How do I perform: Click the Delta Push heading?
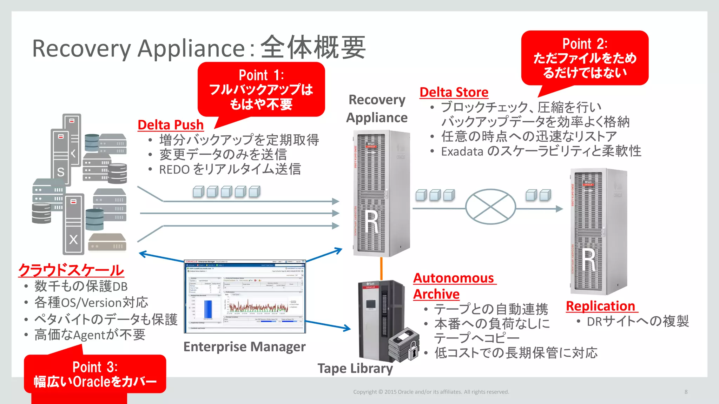click(x=171, y=125)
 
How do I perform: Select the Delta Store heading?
click(x=454, y=92)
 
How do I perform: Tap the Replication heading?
click(x=601, y=306)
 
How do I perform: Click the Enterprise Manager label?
click(x=244, y=347)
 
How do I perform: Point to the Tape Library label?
click(x=355, y=369)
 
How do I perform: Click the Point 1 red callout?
click(x=261, y=90)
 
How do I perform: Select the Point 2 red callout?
click(x=585, y=58)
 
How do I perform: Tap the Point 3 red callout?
click(x=95, y=375)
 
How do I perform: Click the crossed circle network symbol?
click(x=490, y=207)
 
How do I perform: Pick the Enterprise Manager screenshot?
click(x=245, y=296)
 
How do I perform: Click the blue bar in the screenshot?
click(x=208, y=309)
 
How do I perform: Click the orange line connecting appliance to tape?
click(x=381, y=268)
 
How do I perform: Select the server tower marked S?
click(x=61, y=158)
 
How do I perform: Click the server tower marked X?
click(x=73, y=224)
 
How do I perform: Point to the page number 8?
click(x=686, y=392)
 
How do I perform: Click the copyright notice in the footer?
click(x=431, y=392)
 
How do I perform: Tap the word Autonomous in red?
click(x=454, y=278)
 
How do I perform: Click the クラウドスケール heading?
click(x=71, y=270)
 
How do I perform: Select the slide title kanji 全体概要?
click(x=313, y=48)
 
